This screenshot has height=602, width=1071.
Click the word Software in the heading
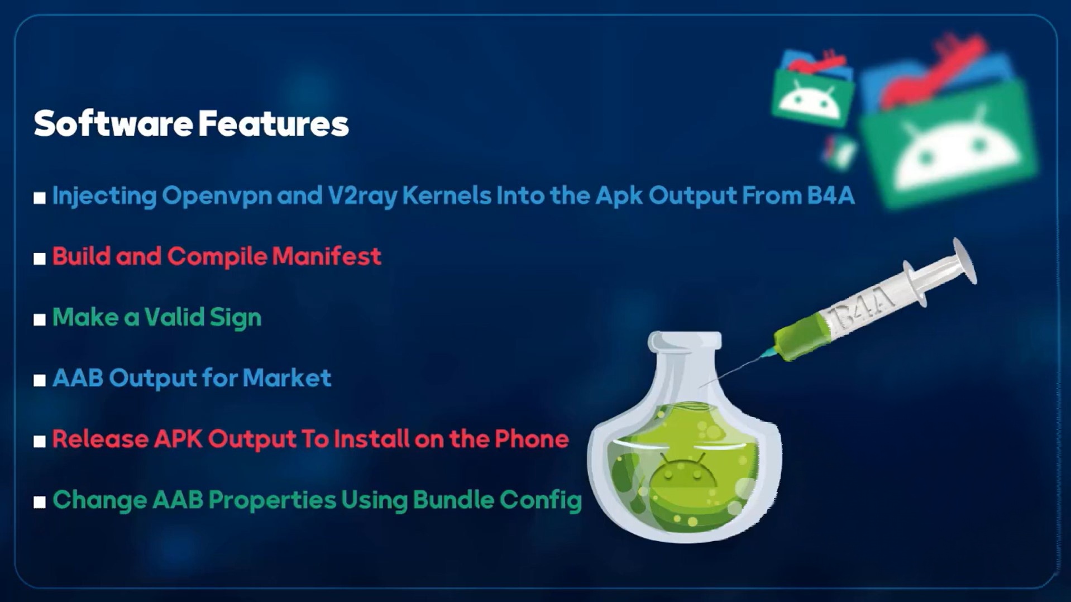click(x=113, y=123)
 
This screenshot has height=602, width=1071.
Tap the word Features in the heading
click(x=274, y=123)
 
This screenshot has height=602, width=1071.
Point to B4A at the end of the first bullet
click(x=830, y=195)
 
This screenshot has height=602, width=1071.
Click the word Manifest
click(x=327, y=256)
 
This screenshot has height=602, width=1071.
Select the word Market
click(x=287, y=378)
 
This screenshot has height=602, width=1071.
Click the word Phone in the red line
click(x=532, y=439)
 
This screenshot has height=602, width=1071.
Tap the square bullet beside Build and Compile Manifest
click(x=39, y=259)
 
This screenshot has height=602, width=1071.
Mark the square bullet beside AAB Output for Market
click(x=39, y=380)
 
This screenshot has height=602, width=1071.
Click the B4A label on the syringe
click(x=863, y=310)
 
